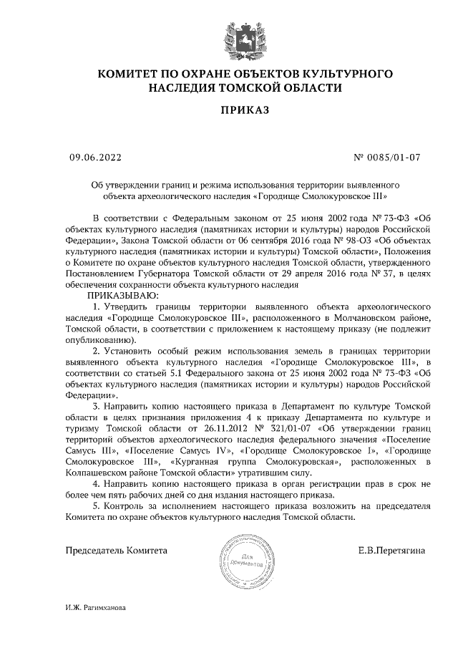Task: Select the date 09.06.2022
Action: [95, 156]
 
